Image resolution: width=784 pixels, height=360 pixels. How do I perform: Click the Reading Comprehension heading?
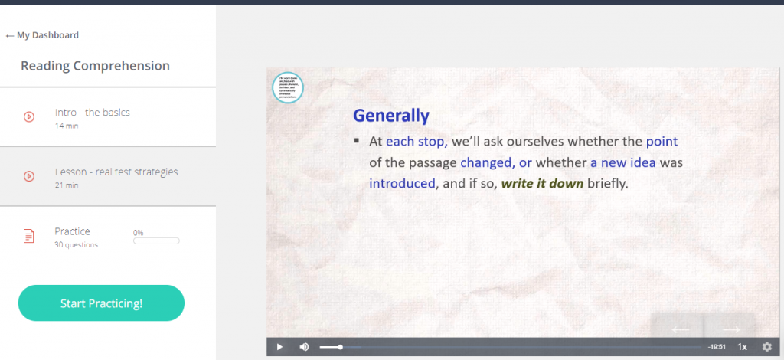[x=95, y=66]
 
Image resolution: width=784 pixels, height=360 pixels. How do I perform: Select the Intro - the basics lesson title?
[x=93, y=113]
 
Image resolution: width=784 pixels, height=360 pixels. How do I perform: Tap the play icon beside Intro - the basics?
[x=28, y=117]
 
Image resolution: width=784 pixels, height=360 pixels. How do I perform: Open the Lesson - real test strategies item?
[x=116, y=172]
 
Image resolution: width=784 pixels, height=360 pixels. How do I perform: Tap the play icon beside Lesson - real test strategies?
[x=28, y=176]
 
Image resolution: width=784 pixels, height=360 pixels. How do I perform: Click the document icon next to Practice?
[x=28, y=236]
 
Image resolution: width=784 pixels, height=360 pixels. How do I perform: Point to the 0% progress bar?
[x=156, y=241]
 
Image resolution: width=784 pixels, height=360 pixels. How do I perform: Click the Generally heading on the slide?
[x=390, y=116]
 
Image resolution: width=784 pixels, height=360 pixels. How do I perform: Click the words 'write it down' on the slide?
[x=542, y=184]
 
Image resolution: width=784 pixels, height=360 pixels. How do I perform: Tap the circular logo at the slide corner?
[x=288, y=87]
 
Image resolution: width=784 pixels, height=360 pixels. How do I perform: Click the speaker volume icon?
[x=304, y=347]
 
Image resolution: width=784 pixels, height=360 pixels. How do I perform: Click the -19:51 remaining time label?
[x=717, y=347]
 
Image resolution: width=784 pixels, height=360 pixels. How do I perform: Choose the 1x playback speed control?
[x=742, y=347]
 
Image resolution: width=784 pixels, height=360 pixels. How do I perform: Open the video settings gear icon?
[x=767, y=347]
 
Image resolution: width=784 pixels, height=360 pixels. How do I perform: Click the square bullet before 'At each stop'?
[x=357, y=142]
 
